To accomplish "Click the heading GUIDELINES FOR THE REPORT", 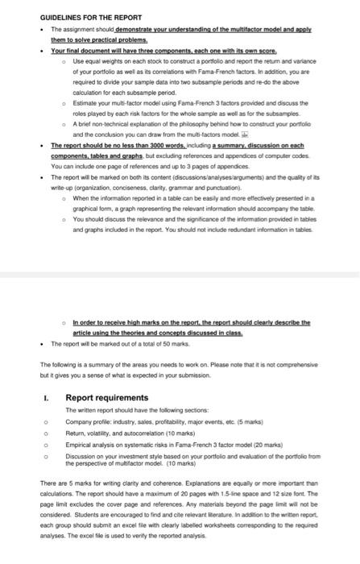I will (x=91, y=17).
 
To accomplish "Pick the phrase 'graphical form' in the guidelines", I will (x=97, y=205).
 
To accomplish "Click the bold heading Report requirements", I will (x=106, y=397).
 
